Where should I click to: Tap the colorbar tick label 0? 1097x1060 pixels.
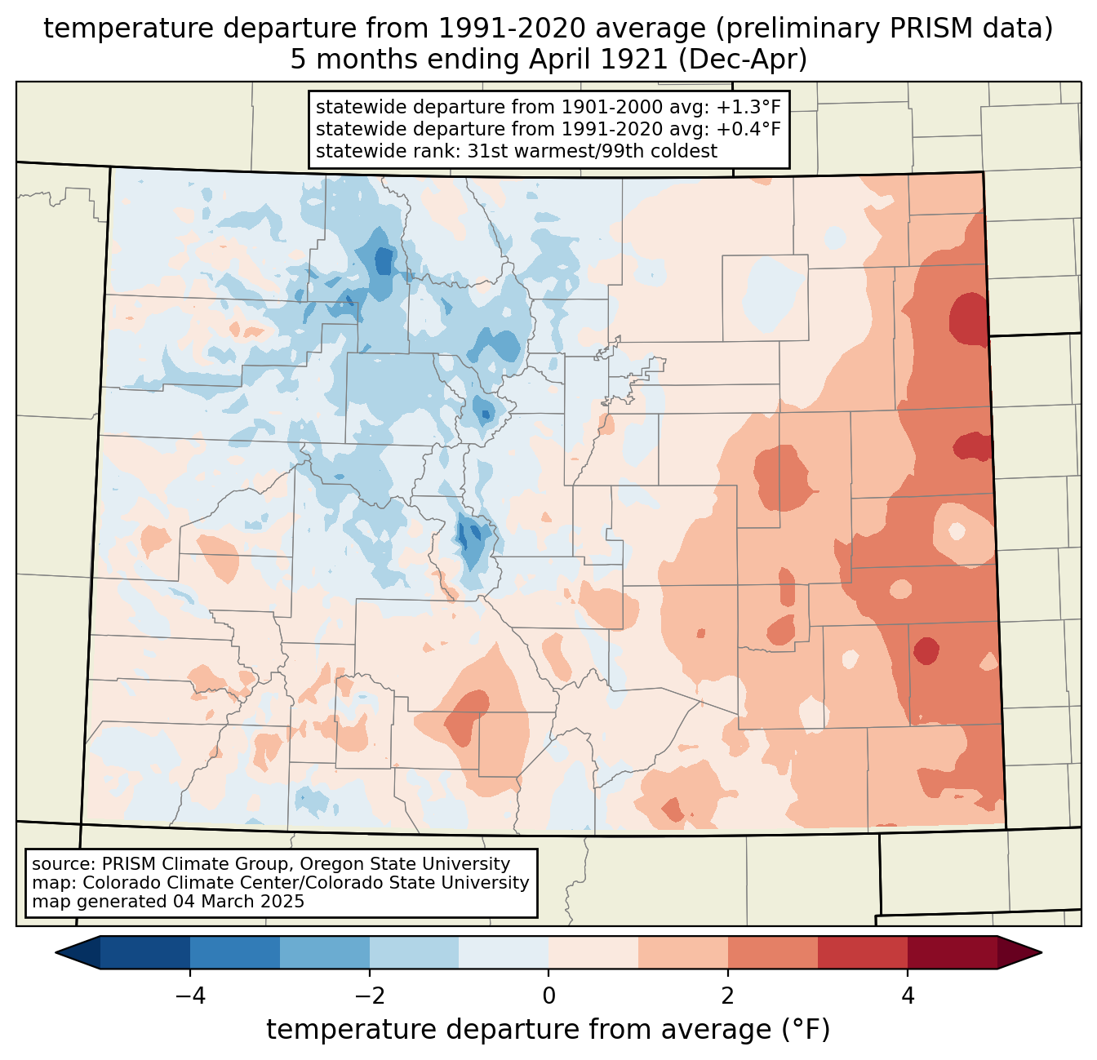[x=548, y=996]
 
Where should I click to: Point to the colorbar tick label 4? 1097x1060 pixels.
[x=908, y=996]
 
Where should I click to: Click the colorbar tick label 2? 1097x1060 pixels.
[x=728, y=996]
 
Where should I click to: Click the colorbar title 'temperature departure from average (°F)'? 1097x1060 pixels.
[x=548, y=1030]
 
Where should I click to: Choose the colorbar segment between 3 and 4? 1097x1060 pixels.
[x=863, y=952]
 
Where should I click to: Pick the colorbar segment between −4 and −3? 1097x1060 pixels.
[x=235, y=952]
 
